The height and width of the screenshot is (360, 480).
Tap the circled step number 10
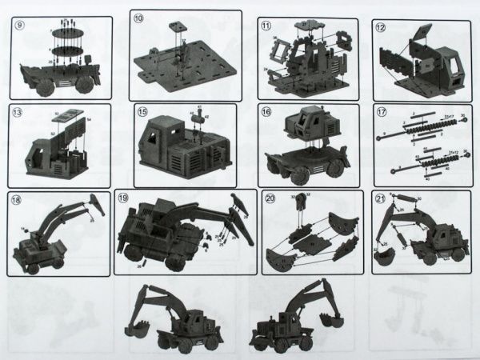138,18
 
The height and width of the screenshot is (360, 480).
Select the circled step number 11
266,26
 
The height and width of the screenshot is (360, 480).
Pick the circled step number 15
142,113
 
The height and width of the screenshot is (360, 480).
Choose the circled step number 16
266,113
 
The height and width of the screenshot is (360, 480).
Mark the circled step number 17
382,113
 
